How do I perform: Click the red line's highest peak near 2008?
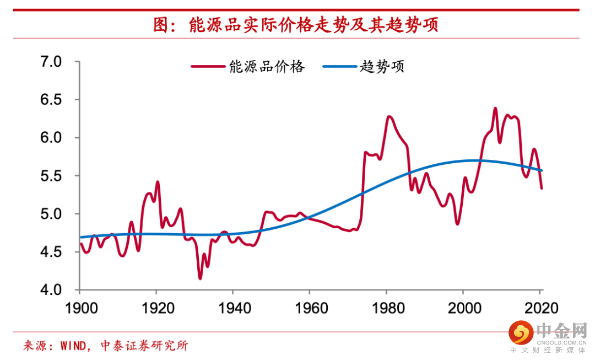(495, 108)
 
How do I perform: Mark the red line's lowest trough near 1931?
(200, 278)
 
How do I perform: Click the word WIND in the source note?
(74, 346)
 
